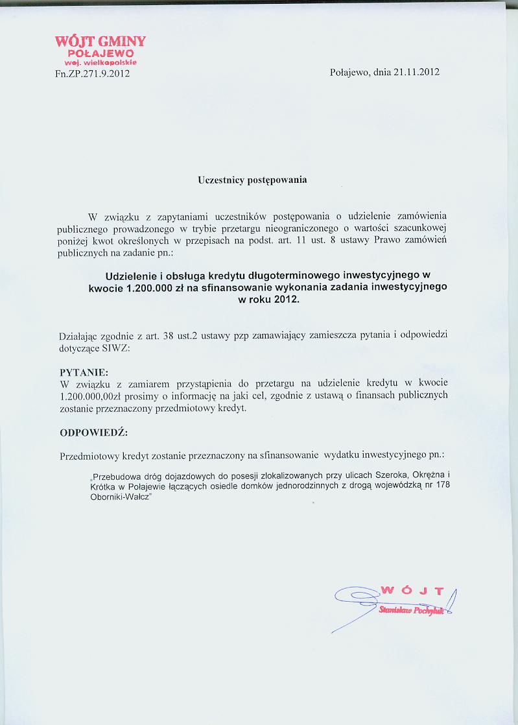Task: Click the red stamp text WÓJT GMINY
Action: (x=100, y=41)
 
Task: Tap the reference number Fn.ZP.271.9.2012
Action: (x=93, y=73)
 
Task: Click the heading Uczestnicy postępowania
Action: (x=252, y=180)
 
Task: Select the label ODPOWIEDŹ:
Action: (x=94, y=433)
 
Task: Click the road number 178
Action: (x=444, y=485)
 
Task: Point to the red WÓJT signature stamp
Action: (x=412, y=591)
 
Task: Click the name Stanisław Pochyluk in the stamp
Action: (x=412, y=611)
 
